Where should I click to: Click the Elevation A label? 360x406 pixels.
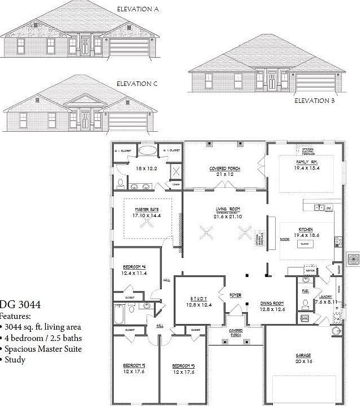click(138, 9)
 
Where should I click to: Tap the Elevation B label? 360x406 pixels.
click(315, 101)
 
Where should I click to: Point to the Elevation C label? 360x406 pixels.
click(137, 84)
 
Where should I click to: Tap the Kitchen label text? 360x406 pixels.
click(306, 230)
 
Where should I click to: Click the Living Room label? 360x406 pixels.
click(225, 208)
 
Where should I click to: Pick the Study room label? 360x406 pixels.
click(198, 299)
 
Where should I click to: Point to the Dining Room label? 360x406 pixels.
click(272, 304)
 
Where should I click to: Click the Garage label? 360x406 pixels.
click(303, 356)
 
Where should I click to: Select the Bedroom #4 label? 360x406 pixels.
click(134, 267)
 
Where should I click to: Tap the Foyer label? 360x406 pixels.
click(235, 295)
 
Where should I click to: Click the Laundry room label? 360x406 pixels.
click(325, 296)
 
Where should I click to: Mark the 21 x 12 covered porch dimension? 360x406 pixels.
click(225, 174)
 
